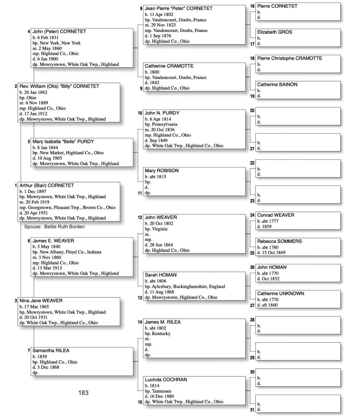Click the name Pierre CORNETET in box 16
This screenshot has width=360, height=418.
pyautogui.click(x=277, y=6)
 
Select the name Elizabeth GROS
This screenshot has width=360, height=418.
pyautogui.click(x=274, y=32)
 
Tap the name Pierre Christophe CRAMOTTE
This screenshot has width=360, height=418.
pyautogui.click(x=289, y=58)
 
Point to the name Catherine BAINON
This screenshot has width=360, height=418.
pyautogui.click(x=277, y=85)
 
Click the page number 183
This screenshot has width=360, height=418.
pyautogui.click(x=83, y=393)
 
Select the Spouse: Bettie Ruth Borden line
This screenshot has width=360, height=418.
pyautogui.click(x=54, y=227)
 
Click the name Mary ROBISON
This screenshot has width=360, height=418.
pyautogui.click(x=162, y=171)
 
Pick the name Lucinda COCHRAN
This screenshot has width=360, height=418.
pyautogui.click(x=166, y=380)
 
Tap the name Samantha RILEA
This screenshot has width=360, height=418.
pyautogui.click(x=51, y=350)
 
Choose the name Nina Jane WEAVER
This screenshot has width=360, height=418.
pyautogui.click(x=41, y=300)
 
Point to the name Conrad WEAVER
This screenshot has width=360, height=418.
pyautogui.click(x=276, y=215)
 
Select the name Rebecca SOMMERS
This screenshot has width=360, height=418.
pyautogui.click(x=279, y=241)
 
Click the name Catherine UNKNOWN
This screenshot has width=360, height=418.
pyautogui.click(x=280, y=293)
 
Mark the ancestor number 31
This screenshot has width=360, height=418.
pyautogui.click(x=252, y=410)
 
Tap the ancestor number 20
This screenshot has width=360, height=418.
pyautogui.click(x=252, y=111)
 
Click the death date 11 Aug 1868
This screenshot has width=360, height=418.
pyautogui.click(x=162, y=292)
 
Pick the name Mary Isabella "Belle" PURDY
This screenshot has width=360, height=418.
pyautogui.click(x=63, y=142)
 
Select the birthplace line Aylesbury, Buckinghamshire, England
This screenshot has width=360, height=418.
pyautogui.click(x=185, y=286)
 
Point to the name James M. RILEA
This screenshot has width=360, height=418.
pyautogui.click(x=162, y=322)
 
